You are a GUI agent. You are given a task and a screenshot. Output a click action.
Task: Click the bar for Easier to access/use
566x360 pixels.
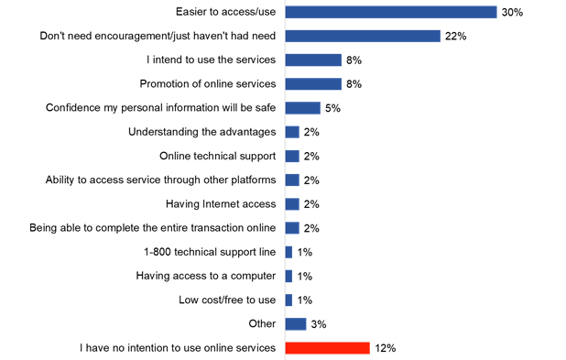pyautogui.click(x=391, y=12)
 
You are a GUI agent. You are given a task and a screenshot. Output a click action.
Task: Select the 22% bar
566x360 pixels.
pyautogui.click(x=363, y=36)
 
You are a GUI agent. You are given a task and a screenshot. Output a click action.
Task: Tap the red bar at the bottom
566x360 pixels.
pyautogui.click(x=327, y=348)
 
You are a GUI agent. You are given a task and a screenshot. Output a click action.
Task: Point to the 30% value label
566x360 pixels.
pyautogui.click(x=511, y=12)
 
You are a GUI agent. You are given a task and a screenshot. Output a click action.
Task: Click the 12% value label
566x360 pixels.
pyautogui.click(x=385, y=348)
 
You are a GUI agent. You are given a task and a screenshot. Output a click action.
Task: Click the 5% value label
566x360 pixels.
pyautogui.click(x=333, y=108)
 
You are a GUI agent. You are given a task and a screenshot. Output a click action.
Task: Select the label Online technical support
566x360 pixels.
pyautogui.click(x=217, y=156)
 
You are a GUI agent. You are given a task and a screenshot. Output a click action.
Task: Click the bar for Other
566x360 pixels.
pyautogui.click(x=296, y=323)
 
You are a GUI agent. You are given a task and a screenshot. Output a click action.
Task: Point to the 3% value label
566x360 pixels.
pyautogui.click(x=319, y=323)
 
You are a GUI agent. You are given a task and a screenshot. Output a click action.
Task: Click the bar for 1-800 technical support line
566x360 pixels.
pyautogui.click(x=288, y=252)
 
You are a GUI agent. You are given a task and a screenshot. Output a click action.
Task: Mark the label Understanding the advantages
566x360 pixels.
pyautogui.click(x=201, y=132)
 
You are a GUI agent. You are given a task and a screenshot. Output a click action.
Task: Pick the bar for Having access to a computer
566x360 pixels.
pyautogui.click(x=288, y=276)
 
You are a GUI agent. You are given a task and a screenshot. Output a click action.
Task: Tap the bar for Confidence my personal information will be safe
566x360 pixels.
pyautogui.click(x=303, y=108)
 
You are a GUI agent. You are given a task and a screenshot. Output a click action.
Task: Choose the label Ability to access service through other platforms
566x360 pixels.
pyautogui.click(x=160, y=180)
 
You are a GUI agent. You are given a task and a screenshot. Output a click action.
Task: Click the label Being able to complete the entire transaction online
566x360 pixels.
pyautogui.click(x=152, y=227)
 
